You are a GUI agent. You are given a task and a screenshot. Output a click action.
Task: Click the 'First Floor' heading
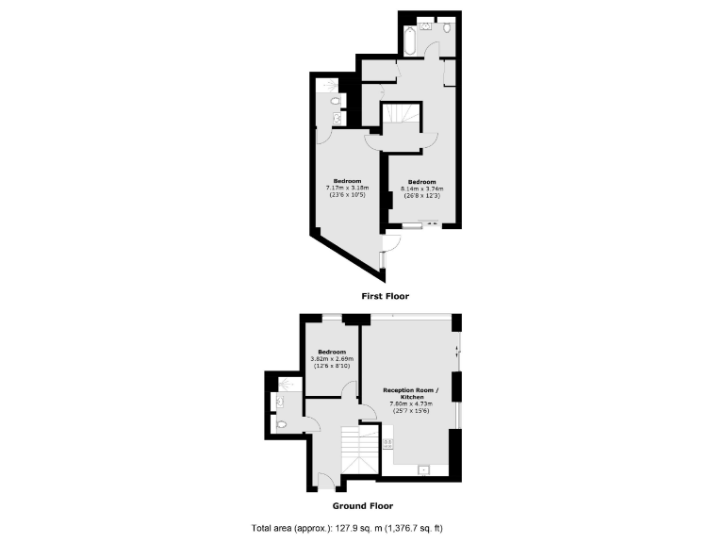(386, 295)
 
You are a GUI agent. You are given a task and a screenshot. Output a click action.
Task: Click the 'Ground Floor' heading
(362, 505)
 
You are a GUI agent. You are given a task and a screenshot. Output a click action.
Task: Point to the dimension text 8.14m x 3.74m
(422, 189)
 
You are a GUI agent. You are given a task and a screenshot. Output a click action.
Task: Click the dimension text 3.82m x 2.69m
(332, 358)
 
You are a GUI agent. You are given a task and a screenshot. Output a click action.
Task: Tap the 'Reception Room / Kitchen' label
(410, 392)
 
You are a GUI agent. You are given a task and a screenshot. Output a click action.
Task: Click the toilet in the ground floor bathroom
(283, 425)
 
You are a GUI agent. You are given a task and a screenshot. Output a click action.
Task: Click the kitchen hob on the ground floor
(387, 442)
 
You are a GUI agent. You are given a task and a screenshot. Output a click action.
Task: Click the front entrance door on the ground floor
(324, 485)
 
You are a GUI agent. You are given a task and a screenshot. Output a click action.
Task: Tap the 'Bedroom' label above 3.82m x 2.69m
(332, 352)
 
